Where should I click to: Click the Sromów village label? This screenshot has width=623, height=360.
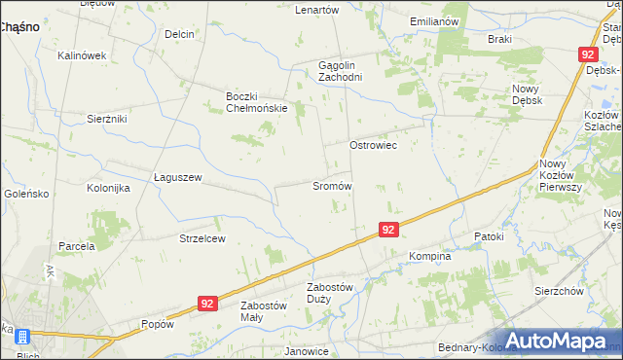tap(331, 185)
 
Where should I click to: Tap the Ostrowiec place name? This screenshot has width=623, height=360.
tap(374, 144)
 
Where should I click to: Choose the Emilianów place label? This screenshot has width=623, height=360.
tap(434, 20)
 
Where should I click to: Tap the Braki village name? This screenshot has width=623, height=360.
tap(499, 39)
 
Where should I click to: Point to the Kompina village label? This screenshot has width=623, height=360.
tap(429, 257)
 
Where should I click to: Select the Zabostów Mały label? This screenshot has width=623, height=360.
tap(264, 311)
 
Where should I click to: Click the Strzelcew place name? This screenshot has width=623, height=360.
tap(202, 238)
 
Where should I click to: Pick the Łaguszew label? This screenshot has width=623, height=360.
tap(177, 177)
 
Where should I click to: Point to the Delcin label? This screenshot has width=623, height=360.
tap(179, 34)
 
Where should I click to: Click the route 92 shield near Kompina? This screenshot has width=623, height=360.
tap(388, 230)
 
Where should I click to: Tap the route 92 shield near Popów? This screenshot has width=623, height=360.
tap(206, 304)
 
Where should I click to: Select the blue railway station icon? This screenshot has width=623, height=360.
tap(20, 338)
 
